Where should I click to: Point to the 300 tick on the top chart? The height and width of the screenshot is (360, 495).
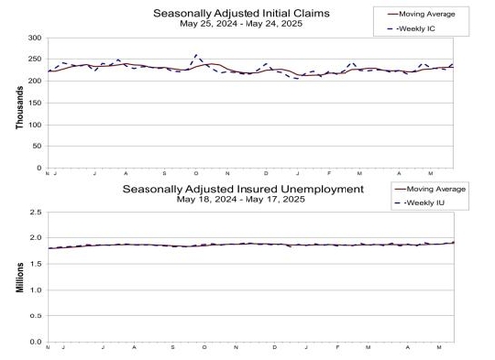33,38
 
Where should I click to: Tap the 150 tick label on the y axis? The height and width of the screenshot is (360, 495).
33,102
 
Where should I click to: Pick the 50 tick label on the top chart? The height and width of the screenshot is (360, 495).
36,145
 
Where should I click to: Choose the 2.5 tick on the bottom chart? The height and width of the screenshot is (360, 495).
35,212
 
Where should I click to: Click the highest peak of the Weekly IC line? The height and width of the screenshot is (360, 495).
196,55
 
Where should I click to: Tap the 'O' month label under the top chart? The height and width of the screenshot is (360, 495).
196,173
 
